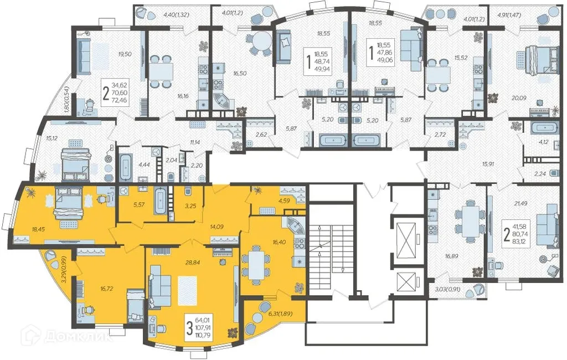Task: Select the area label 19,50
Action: point(125,54)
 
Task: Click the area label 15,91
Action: point(478,163)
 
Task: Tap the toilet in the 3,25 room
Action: point(188,190)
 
